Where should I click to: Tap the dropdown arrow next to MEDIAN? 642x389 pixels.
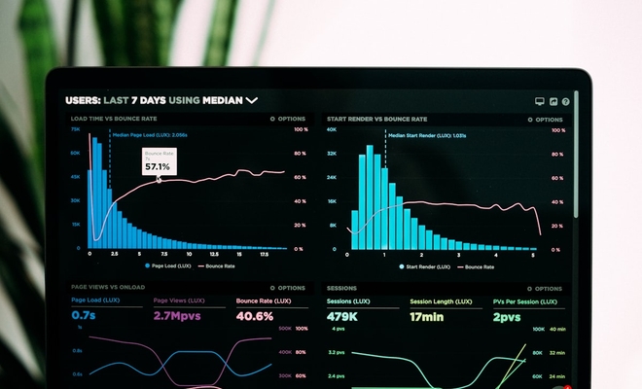252,100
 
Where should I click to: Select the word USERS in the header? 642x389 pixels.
83,100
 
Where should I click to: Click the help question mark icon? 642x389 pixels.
566,101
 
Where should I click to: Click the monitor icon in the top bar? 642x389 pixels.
540,101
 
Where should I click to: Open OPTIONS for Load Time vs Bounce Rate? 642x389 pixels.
288,119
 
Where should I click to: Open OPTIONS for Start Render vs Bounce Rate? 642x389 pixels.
545,119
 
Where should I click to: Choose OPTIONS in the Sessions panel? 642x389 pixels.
545,288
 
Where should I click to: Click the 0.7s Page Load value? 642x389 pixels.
83,316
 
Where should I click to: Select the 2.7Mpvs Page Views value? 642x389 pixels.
176,316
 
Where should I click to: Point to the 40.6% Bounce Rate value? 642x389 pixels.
255,316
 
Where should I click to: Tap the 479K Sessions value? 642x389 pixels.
341,317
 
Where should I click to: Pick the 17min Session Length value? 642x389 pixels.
427,317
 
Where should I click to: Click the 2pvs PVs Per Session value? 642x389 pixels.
506,317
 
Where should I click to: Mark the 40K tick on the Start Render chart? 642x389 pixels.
331,128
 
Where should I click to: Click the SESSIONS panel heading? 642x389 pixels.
341,288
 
